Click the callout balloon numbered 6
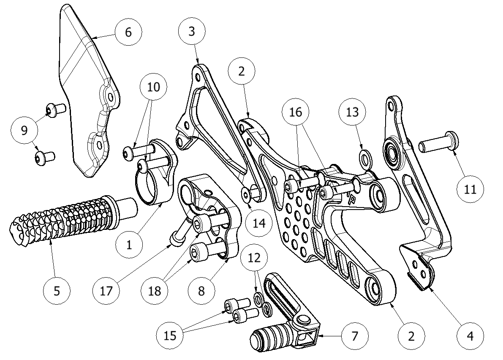[x=128, y=32]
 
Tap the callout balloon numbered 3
[x=192, y=32]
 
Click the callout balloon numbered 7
[x=354, y=336]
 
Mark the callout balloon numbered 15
[x=170, y=336]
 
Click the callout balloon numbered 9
[x=24, y=130]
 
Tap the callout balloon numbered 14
[x=259, y=222]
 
